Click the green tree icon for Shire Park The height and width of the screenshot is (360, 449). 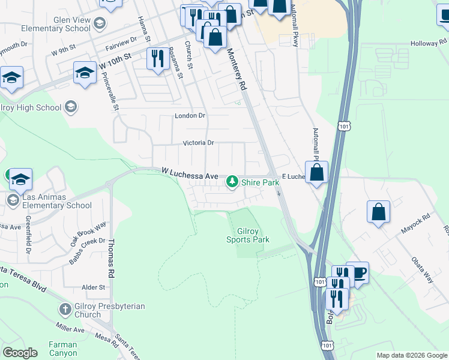point(232,181)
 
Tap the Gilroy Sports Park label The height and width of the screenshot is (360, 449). point(247,235)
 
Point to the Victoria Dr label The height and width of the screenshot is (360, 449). point(198,143)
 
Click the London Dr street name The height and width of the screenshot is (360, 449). point(190,116)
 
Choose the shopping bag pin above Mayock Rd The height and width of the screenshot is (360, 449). point(378,212)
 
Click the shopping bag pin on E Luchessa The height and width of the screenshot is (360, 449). point(316,172)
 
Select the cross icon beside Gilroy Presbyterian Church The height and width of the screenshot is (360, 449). point(65,310)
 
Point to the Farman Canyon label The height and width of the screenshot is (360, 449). point(62,349)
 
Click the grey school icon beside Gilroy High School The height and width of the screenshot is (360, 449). point(71,107)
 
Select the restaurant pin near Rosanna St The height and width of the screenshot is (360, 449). point(158,58)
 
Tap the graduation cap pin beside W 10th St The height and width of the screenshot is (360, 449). point(85,73)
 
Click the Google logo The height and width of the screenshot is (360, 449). point(20,353)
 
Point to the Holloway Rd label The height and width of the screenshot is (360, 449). point(429,44)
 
